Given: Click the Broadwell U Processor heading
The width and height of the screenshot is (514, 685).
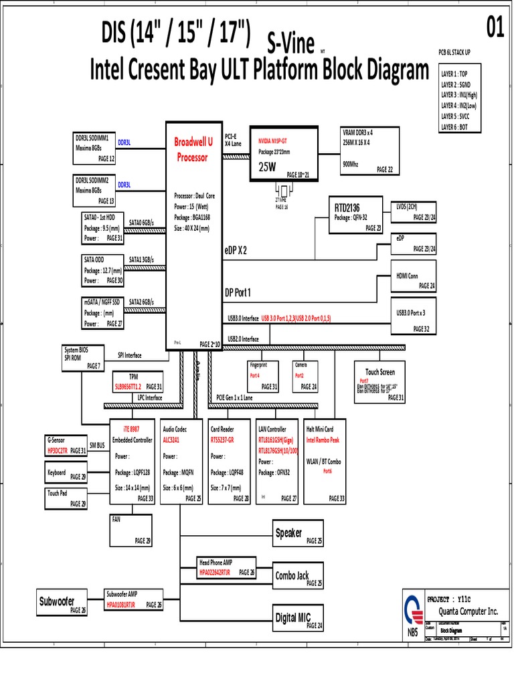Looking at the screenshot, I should pyautogui.click(x=193, y=150).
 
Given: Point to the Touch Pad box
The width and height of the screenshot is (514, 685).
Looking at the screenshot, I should pyautogui.click(x=66, y=497).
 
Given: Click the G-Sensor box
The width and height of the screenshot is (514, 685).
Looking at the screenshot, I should pyautogui.click(x=66, y=446).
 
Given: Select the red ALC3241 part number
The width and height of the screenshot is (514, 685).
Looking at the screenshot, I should pyautogui.click(x=173, y=440).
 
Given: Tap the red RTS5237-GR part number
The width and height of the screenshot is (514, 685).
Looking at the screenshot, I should pyautogui.click(x=222, y=440).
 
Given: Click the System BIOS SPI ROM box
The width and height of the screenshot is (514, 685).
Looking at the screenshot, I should pyautogui.click(x=82, y=358).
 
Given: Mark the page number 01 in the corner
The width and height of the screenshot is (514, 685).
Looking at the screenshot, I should pyautogui.click(x=495, y=29).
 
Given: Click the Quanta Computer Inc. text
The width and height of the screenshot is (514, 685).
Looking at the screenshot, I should pyautogui.click(x=468, y=611).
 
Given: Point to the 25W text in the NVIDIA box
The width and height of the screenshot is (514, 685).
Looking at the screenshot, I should pyautogui.click(x=267, y=167).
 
